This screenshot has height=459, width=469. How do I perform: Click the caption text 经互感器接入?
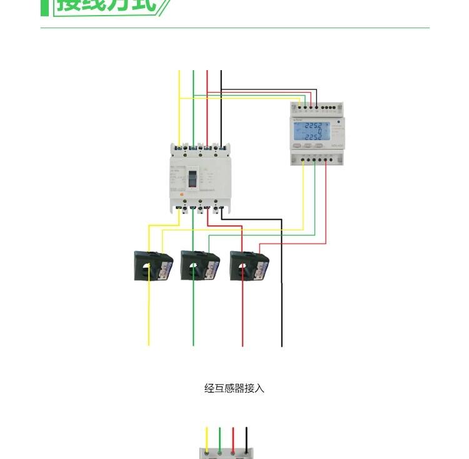pyautogui.click(x=234, y=388)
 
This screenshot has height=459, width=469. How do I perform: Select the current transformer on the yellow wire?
pyautogui.click(x=153, y=266)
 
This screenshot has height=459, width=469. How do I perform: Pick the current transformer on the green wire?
pyautogui.click(x=198, y=266)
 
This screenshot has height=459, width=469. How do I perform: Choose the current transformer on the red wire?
pyautogui.click(x=248, y=266)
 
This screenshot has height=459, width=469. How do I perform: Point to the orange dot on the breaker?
pyautogui.click(x=181, y=193)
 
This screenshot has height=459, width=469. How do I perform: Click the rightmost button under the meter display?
pyautogui.click(x=319, y=146)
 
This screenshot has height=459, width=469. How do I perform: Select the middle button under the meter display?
pyautogui.click(x=308, y=146)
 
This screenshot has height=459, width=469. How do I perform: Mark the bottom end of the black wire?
pyautogui.click(x=281, y=344)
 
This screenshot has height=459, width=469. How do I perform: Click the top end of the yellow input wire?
pyautogui.click(x=179, y=72)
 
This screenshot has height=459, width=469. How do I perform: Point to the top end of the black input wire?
pyautogui.click(x=221, y=72)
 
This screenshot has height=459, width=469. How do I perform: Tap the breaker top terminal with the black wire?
pyautogui.click(x=221, y=148)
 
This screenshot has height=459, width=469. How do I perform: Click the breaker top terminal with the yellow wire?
pyautogui.click(x=179, y=148)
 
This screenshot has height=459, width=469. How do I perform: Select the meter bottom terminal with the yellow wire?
pyautogui.click(x=303, y=159)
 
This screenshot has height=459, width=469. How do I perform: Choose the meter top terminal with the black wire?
pyautogui.click(x=316, y=107)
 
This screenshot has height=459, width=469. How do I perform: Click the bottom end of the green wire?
pyautogui.click(x=193, y=344)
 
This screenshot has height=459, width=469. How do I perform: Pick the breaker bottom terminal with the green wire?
pyautogui.click(x=193, y=207)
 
